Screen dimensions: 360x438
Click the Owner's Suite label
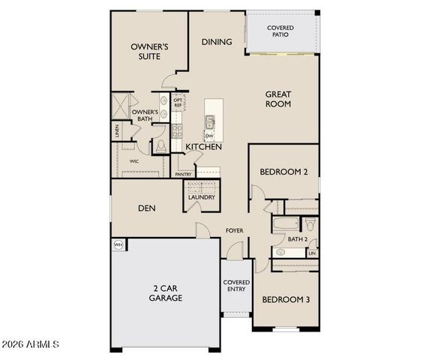click(x=149, y=51)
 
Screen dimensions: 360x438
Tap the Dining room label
click(x=217, y=42)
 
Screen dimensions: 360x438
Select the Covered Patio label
click(x=281, y=31)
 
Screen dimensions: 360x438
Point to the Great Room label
click(x=277, y=99)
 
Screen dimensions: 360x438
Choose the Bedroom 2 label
click(x=283, y=172)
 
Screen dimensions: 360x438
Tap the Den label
click(x=146, y=208)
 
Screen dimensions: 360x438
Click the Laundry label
click(x=202, y=197)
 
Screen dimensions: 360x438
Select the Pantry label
click(x=183, y=174)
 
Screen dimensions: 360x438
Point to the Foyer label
click(x=235, y=230)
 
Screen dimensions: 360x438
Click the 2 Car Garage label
click(x=165, y=292)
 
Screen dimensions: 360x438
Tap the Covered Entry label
click(x=236, y=286)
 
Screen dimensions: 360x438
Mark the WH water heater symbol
click(x=118, y=244)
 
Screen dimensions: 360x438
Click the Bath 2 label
click(x=297, y=239)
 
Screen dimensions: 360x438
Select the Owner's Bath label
click(x=145, y=116)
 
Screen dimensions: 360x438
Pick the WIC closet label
click(x=133, y=160)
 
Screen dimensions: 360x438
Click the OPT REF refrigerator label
click(x=178, y=103)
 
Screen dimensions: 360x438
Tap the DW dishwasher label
click(x=208, y=136)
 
